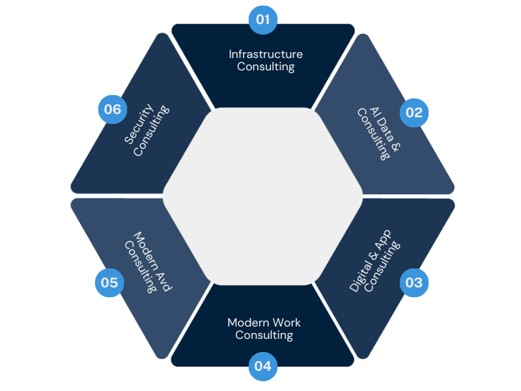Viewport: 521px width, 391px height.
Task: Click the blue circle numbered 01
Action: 263,20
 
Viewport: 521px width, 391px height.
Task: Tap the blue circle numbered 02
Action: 414,112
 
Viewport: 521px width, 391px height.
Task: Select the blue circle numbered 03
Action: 414,283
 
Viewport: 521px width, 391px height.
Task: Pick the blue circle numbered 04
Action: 263,366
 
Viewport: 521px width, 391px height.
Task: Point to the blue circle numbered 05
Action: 109,283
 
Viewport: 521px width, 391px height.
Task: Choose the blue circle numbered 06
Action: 113,109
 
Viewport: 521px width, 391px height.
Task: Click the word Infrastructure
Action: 266,54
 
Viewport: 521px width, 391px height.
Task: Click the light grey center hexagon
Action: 262,195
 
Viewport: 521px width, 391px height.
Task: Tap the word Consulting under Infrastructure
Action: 266,66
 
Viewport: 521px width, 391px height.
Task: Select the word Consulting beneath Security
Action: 151,130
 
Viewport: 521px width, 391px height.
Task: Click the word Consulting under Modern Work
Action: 264,335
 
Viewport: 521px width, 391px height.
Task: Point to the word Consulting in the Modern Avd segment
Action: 141,267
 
